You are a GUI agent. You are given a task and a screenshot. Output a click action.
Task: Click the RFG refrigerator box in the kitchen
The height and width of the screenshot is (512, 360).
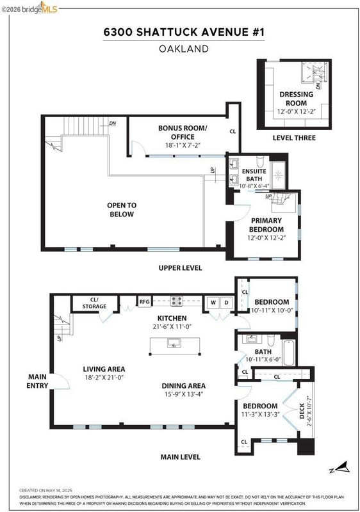point(144,301)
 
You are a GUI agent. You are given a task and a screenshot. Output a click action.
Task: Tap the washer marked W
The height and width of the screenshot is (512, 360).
point(213,303)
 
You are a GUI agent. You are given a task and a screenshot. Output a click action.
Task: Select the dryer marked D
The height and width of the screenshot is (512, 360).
point(226,303)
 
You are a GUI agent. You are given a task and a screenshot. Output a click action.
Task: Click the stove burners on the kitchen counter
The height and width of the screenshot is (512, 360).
point(177,301)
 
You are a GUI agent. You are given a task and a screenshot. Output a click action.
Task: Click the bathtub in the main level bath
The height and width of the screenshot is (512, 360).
point(289,353)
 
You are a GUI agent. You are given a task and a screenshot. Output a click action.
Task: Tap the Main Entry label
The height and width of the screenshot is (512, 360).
point(37,381)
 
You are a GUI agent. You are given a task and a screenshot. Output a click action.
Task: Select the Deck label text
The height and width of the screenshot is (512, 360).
point(302,411)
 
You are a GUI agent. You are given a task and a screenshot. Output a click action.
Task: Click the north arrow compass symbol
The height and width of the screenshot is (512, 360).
point(340,468)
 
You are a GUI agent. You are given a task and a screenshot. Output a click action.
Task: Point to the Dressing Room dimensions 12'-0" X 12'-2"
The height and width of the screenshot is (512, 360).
point(297,111)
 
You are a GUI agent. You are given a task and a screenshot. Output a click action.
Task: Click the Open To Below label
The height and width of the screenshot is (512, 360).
point(122,210)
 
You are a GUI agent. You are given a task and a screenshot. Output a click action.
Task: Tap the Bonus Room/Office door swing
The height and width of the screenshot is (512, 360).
point(138,148)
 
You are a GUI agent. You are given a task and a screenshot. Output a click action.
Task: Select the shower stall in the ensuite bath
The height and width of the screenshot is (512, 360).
point(279,175)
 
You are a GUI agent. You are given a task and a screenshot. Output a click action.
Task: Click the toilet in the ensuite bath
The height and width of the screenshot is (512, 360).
point(260,162)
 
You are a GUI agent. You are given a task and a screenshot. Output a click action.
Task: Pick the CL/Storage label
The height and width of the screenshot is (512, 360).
point(94,303)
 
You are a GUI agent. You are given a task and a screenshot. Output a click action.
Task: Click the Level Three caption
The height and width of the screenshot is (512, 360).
point(294,138)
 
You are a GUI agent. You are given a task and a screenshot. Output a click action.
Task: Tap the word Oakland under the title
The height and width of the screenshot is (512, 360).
point(184,49)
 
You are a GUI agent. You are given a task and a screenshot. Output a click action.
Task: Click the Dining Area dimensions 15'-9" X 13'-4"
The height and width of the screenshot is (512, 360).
point(184,394)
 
